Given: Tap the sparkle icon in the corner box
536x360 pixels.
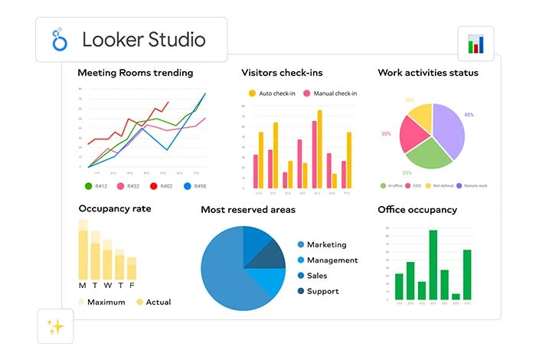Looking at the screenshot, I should point(55,327).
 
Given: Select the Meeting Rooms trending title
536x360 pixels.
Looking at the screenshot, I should point(136,73).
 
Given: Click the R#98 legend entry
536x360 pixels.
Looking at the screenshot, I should point(195,185).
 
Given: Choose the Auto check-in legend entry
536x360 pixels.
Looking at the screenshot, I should point(271,93).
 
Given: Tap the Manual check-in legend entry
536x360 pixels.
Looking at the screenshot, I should point(330,93).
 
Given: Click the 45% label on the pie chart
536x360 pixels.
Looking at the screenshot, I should point(469,115).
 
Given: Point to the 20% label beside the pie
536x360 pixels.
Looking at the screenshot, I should point(386,133).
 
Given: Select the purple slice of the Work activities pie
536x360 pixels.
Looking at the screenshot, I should point(448,130).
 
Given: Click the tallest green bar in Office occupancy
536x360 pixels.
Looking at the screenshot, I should point(433,264).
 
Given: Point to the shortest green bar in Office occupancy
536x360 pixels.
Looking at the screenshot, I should point(456,296).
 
